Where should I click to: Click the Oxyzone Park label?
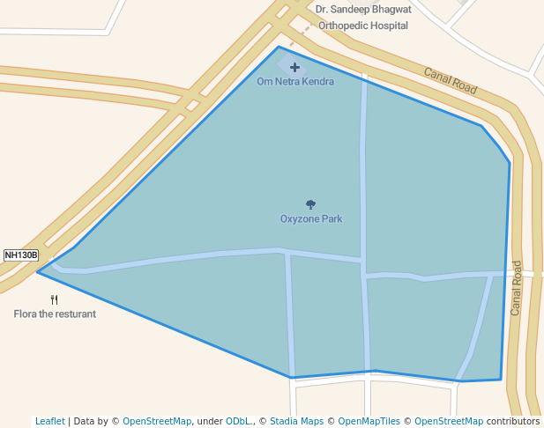click(311, 218)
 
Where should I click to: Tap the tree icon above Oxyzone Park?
click(311, 204)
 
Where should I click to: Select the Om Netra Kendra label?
click(295, 82)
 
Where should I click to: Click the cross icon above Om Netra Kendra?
click(294, 67)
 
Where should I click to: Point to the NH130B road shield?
click(21, 255)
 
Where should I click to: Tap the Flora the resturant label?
click(55, 314)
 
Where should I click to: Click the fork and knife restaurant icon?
click(55, 299)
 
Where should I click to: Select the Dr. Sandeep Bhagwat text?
click(363, 10)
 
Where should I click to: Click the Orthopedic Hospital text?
click(363, 26)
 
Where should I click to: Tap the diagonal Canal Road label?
click(450, 81)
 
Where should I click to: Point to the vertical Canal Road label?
click(517, 287)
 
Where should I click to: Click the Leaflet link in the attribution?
click(50, 421)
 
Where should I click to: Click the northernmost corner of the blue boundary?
click(279, 47)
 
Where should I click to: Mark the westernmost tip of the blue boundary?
click(37, 271)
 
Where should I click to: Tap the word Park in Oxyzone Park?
click(332, 218)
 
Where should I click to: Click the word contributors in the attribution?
click(512, 421)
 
